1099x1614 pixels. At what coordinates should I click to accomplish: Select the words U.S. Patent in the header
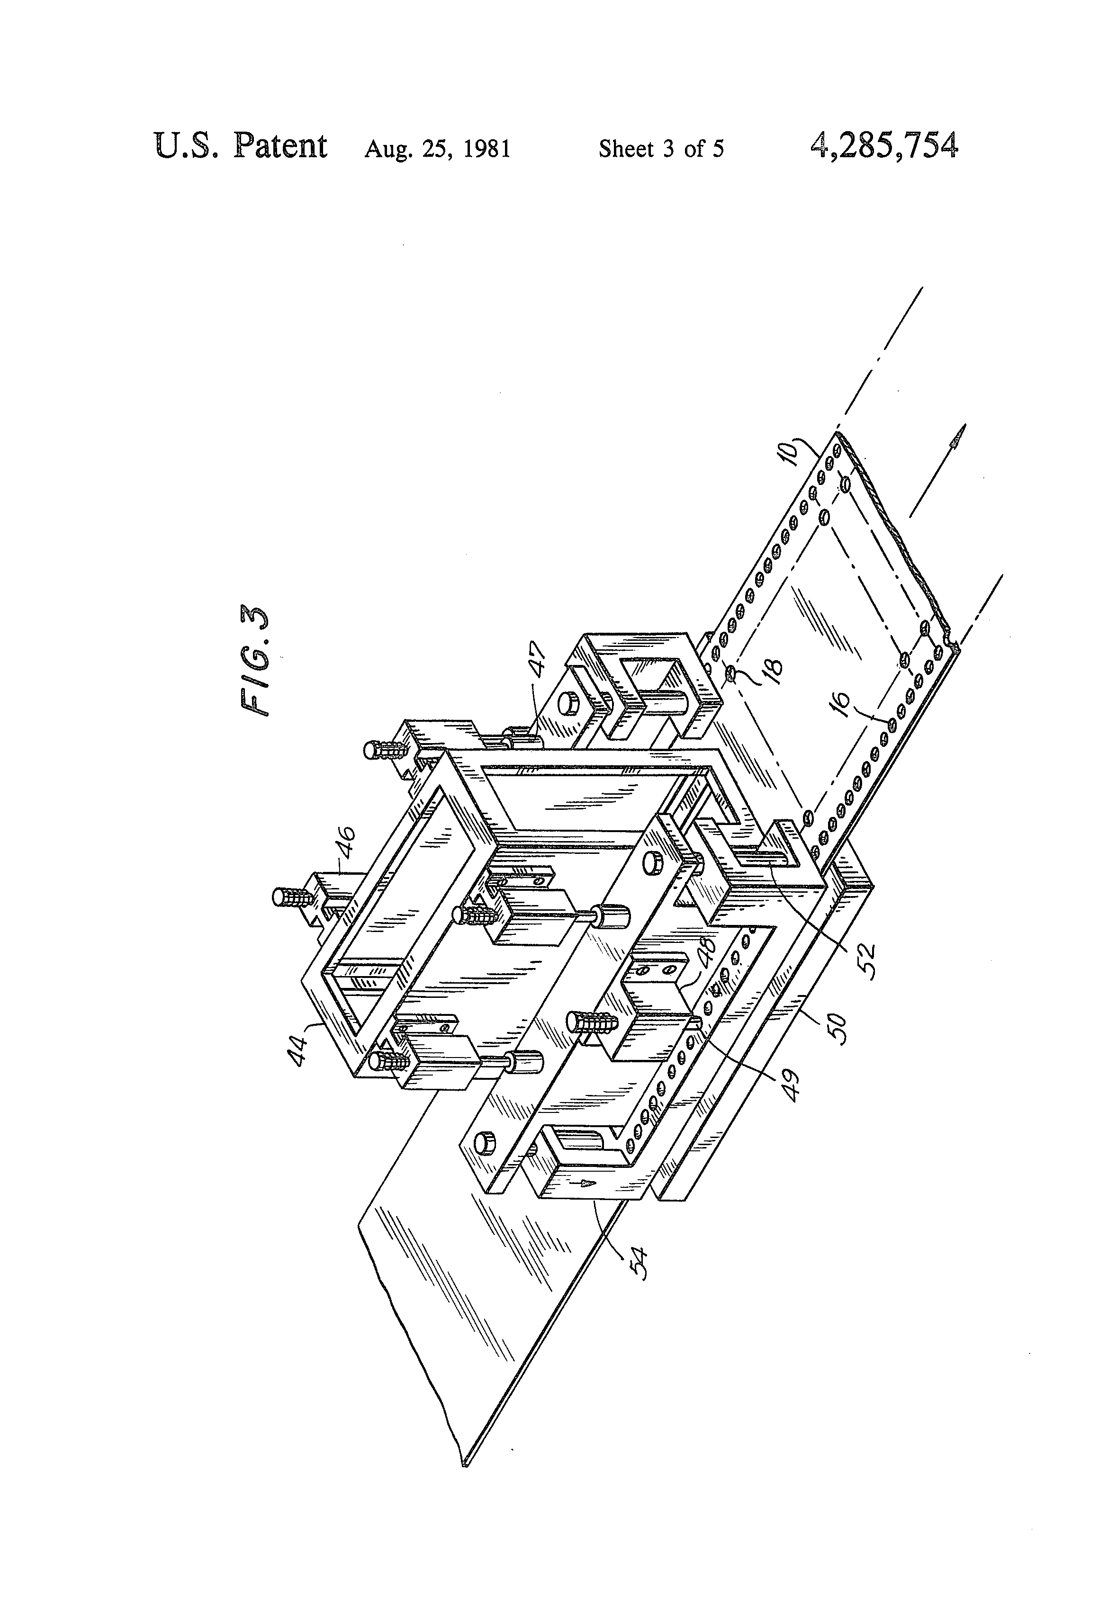(x=240, y=146)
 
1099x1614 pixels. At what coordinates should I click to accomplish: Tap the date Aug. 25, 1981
(x=438, y=149)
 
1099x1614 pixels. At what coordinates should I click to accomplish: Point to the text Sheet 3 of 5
(x=661, y=149)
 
